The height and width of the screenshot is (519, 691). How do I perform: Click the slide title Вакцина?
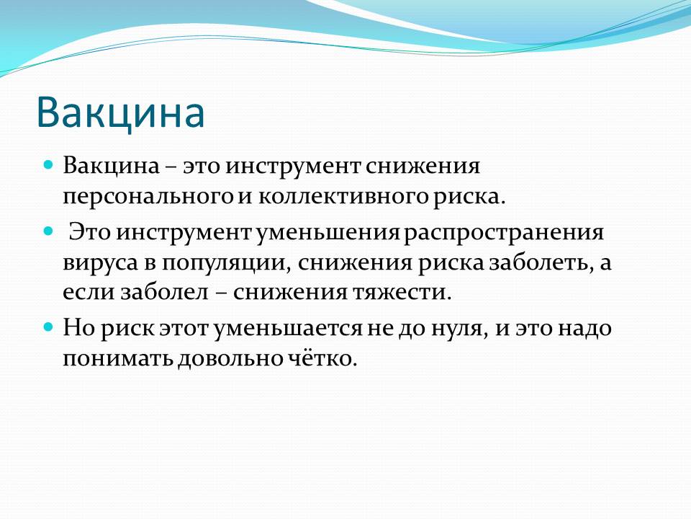tap(120, 113)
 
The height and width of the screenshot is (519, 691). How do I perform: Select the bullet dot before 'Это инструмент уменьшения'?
tap(48, 231)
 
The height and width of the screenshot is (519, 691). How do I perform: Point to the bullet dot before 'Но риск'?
tap(48, 327)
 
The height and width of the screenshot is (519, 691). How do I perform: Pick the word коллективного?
tap(343, 196)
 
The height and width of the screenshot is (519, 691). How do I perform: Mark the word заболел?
tap(164, 292)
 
